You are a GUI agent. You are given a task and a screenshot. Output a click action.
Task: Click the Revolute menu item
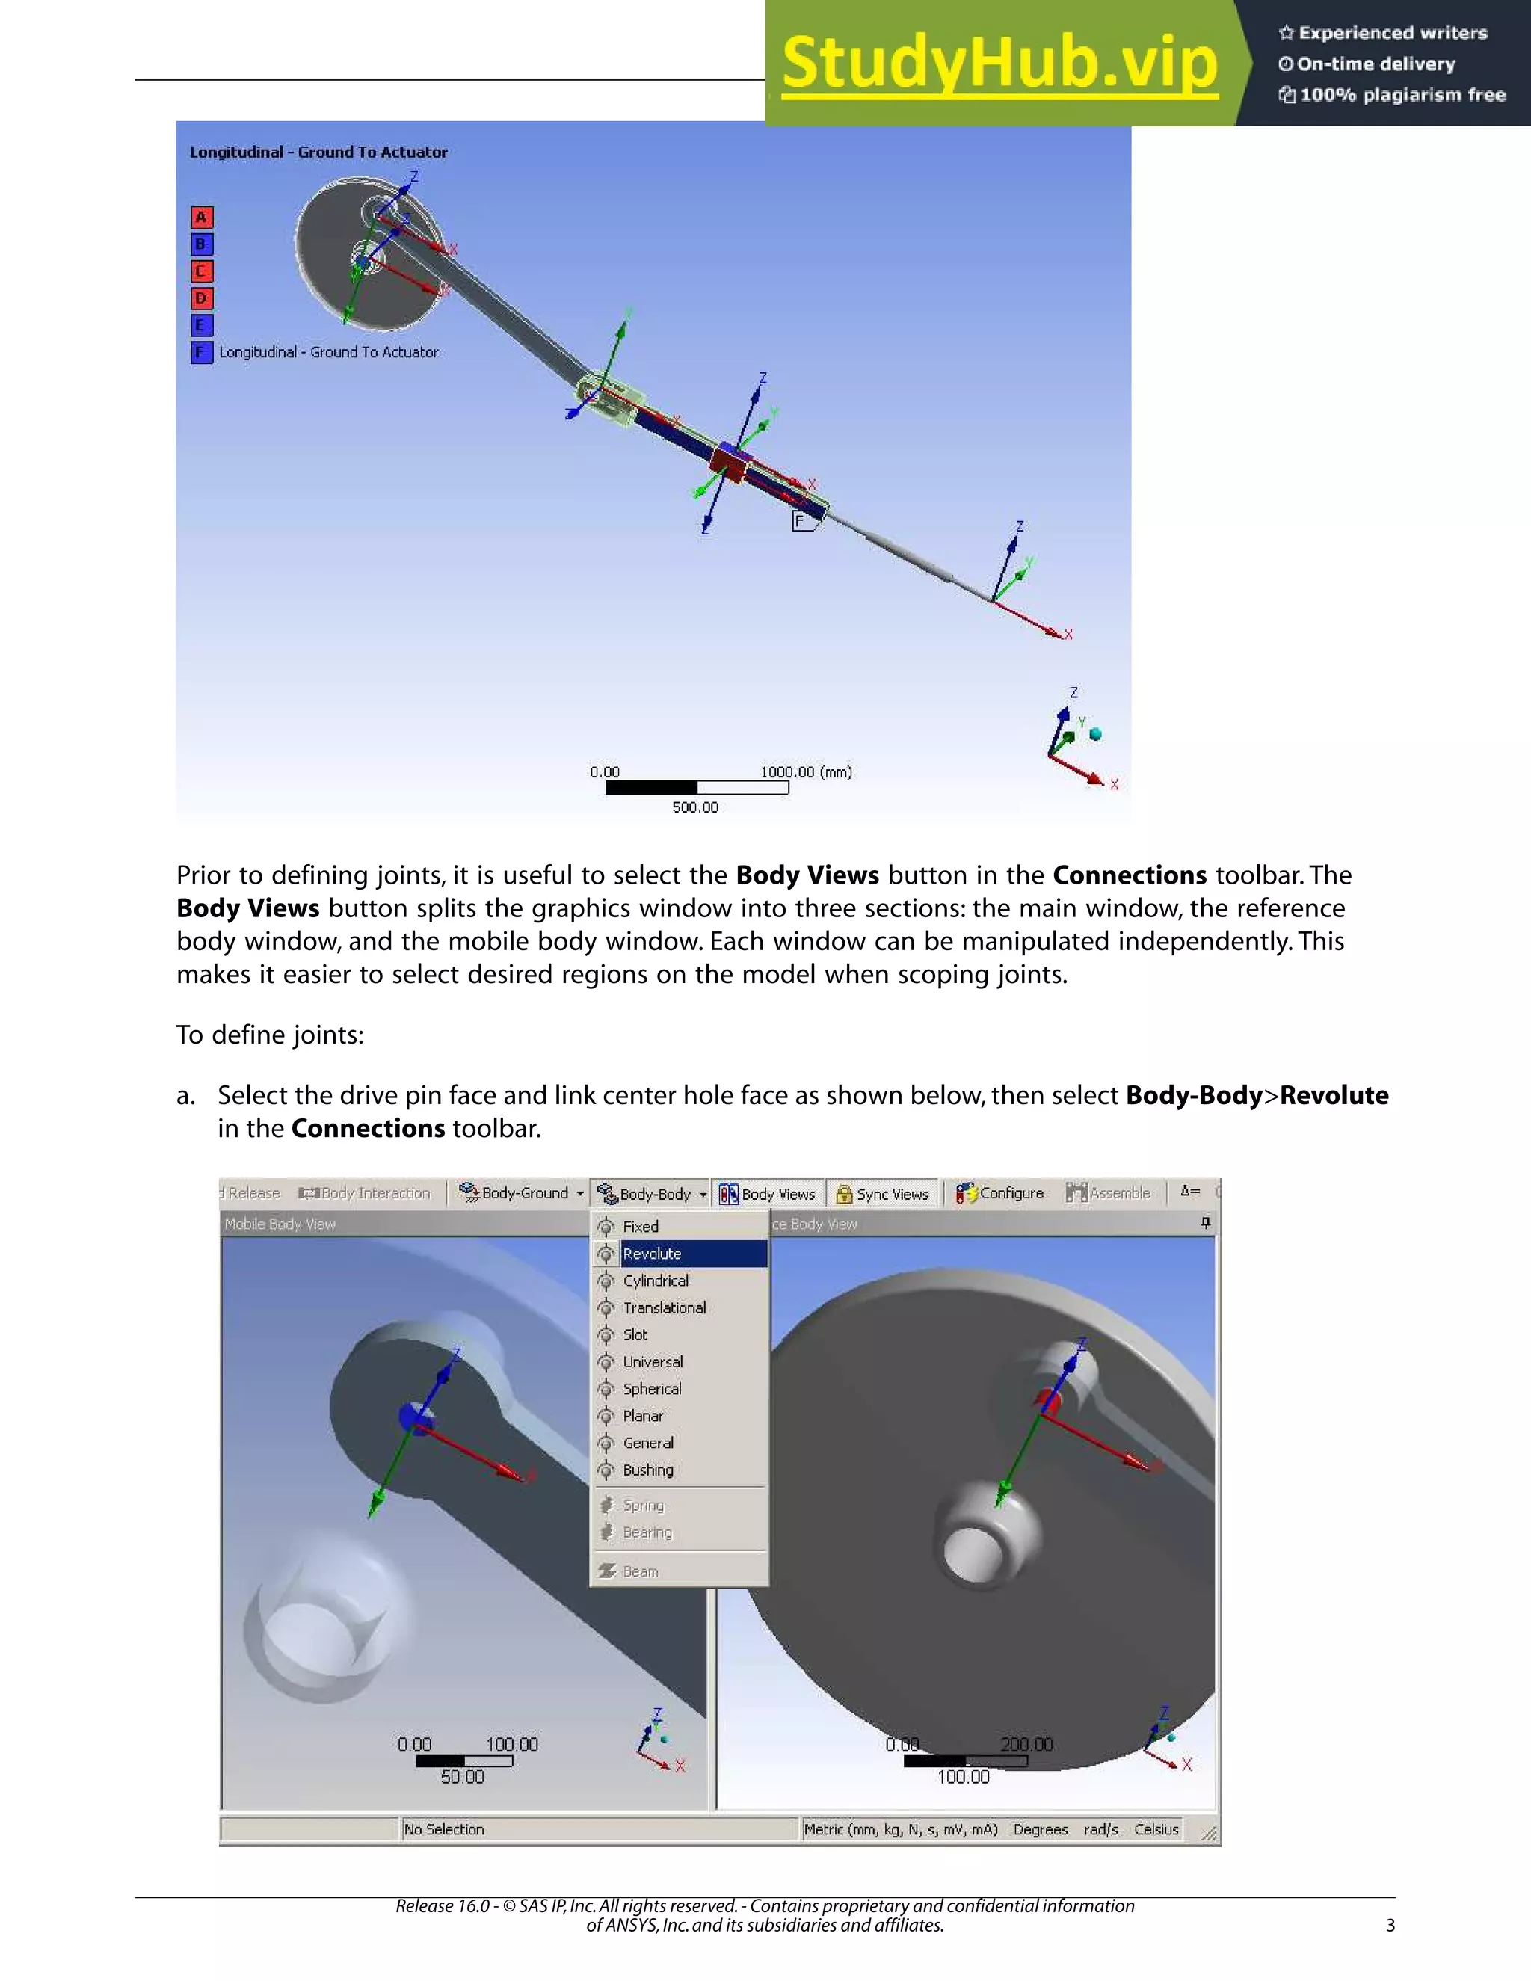pyautogui.click(x=651, y=1254)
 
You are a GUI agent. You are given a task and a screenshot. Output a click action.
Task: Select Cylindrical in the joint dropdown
pyautogui.click(x=655, y=1281)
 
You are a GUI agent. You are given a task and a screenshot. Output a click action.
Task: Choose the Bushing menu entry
pyautogui.click(x=647, y=1470)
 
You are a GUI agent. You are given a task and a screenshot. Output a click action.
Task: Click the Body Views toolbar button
pyautogui.click(x=768, y=1194)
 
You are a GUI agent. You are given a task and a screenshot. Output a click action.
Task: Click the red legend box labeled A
pyautogui.click(x=201, y=218)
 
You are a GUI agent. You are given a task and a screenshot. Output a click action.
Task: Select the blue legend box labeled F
pyautogui.click(x=201, y=352)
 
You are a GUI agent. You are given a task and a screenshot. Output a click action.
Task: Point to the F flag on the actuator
pyautogui.click(x=801, y=520)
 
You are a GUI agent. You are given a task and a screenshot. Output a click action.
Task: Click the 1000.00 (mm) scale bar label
pyautogui.click(x=805, y=772)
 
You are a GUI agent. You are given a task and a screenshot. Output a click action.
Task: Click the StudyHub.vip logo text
pyautogui.click(x=999, y=64)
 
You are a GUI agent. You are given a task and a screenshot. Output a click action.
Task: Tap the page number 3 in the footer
pyautogui.click(x=1390, y=1925)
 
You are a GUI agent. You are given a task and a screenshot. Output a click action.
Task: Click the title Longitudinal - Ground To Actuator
pyautogui.click(x=318, y=152)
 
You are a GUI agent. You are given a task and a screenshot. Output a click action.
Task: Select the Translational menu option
pyautogui.click(x=664, y=1308)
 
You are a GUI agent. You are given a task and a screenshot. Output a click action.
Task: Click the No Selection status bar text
pyautogui.click(x=445, y=1829)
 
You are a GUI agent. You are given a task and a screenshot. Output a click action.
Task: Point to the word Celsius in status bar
pyautogui.click(x=1156, y=1829)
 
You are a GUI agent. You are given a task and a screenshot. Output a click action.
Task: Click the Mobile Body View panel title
pyautogui.click(x=280, y=1224)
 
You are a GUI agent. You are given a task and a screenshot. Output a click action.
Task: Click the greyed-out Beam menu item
pyautogui.click(x=641, y=1572)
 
